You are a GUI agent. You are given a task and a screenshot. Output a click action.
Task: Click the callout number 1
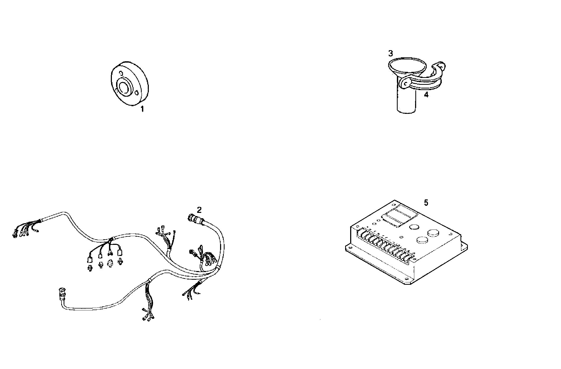142,109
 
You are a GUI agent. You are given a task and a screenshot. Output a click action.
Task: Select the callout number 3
391,54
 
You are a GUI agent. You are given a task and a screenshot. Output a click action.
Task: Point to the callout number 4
426,95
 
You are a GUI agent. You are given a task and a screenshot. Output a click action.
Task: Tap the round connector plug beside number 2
193,218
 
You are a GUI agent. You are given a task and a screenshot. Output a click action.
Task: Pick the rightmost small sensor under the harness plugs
121,262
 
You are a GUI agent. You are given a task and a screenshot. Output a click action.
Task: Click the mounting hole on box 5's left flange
350,248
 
